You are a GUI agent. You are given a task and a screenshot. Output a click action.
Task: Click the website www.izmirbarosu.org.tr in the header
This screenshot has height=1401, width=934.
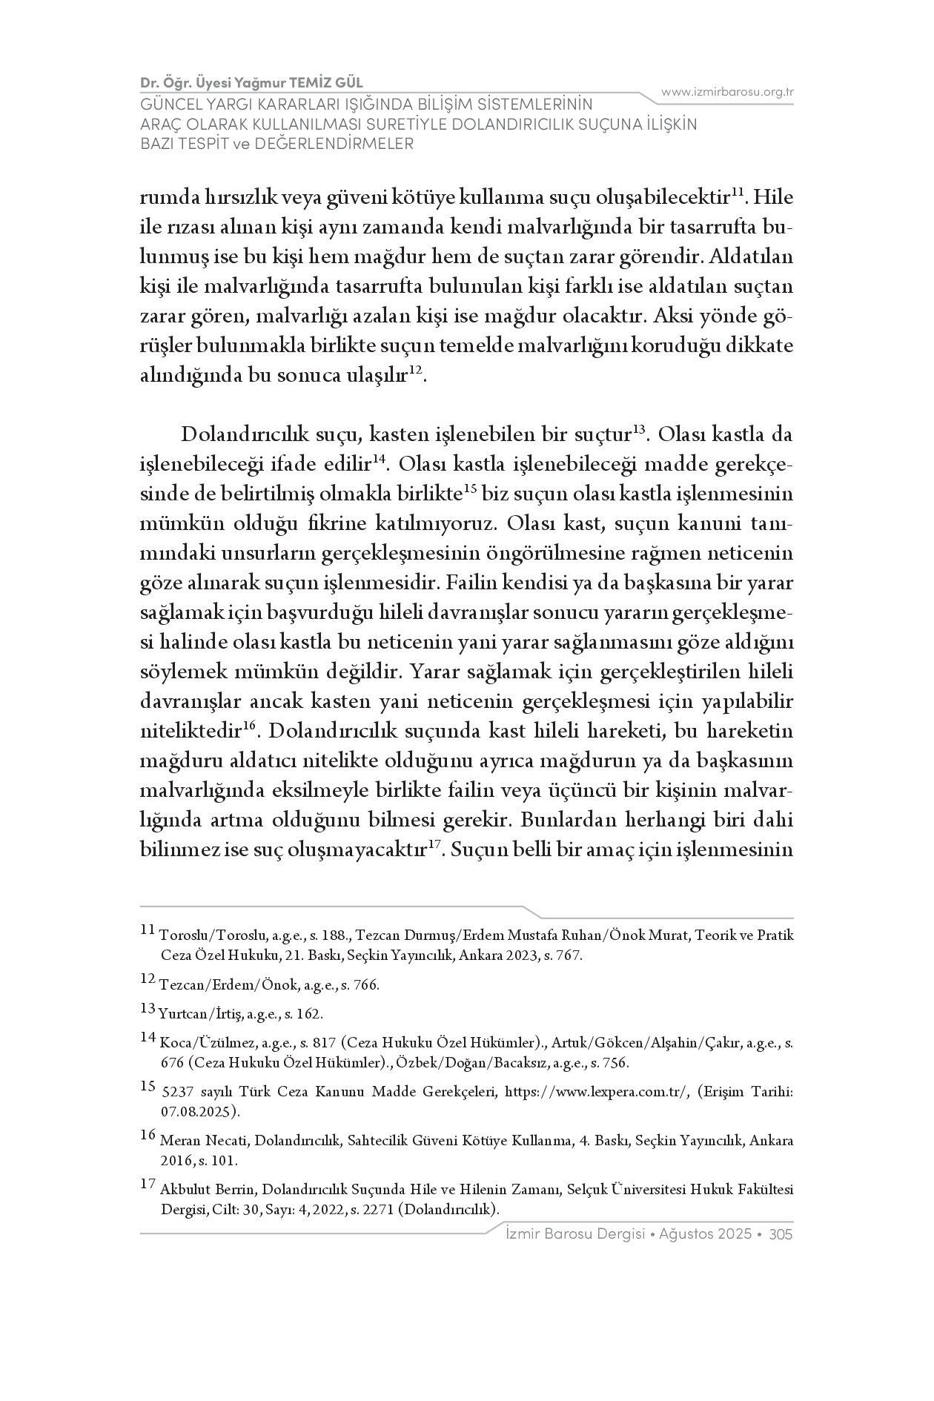pyautogui.click(x=727, y=92)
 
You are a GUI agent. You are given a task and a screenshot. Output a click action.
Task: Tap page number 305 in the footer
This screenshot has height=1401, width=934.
pyautogui.click(x=781, y=1234)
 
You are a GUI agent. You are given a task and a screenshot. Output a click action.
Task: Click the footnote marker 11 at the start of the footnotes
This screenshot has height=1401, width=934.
pyautogui.click(x=147, y=930)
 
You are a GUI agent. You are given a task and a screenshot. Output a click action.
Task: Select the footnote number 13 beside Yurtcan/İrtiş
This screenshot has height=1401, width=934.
pyautogui.click(x=147, y=1008)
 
